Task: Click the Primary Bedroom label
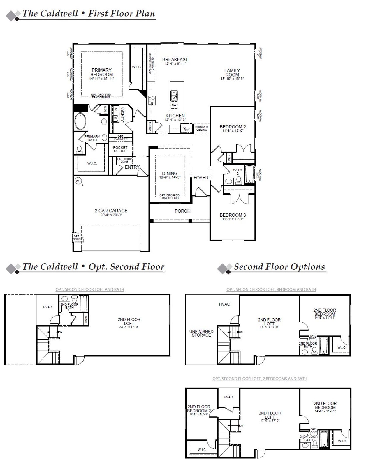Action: coord(101,72)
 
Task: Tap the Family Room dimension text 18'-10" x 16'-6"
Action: coord(232,79)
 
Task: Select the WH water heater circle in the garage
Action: coord(78,181)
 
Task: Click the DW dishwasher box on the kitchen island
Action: coord(174,105)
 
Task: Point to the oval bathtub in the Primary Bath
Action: coord(80,122)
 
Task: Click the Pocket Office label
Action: coord(120,149)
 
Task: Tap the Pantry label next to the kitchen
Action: coord(150,127)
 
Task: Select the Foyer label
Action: coord(201,178)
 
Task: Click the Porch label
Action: coord(182,211)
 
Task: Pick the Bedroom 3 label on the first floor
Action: coord(233,215)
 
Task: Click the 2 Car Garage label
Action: coord(111,211)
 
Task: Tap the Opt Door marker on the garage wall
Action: coord(76,238)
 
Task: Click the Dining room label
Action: coord(170,173)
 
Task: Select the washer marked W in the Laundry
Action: coord(115,119)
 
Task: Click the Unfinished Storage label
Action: coord(201,333)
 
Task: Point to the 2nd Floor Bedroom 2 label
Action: coord(199,409)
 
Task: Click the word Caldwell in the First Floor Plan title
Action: coord(58,13)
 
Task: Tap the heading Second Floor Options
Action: coord(279,266)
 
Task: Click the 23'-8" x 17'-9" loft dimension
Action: coord(129,327)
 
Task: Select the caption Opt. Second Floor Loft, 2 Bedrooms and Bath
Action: coord(260,379)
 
